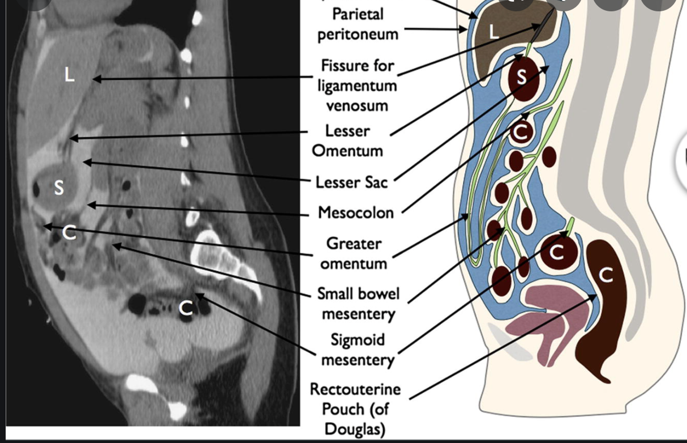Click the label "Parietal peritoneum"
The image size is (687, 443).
click(358, 24)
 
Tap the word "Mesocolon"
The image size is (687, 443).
click(355, 213)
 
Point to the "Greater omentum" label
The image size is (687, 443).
click(354, 253)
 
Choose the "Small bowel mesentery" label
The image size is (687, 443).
click(358, 303)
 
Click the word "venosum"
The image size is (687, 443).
click(357, 105)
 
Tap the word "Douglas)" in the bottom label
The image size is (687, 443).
click(355, 428)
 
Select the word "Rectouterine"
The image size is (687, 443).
click(355, 390)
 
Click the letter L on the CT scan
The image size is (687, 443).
click(69, 74)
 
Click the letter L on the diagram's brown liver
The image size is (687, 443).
click(493, 32)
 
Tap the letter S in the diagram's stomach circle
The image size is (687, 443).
click(522, 78)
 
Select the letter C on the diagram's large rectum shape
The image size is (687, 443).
click(606, 275)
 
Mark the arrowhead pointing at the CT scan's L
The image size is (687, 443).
click(96, 79)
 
